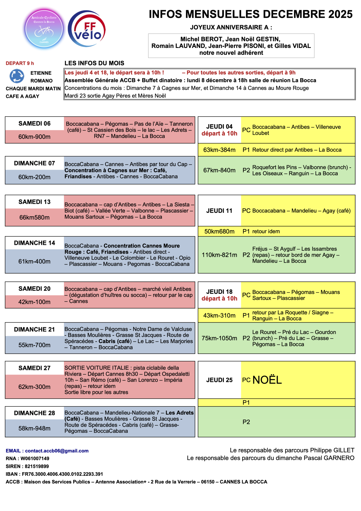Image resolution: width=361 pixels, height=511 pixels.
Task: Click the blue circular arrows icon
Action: click(17, 76)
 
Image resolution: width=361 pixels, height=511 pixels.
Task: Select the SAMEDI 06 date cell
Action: click(34, 123)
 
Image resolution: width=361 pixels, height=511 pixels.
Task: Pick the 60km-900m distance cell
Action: click(34, 137)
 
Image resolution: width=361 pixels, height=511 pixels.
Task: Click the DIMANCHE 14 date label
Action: click(34, 243)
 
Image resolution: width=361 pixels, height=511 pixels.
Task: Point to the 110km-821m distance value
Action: click(219, 255)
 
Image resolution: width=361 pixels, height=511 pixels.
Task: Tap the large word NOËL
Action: click(267, 380)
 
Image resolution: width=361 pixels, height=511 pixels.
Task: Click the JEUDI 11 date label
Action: click(219, 211)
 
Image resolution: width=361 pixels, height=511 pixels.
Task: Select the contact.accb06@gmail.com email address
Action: click(57, 451)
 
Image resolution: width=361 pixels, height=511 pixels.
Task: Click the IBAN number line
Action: click(54, 474)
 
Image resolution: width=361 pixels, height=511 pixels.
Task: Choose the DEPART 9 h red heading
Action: click(20, 63)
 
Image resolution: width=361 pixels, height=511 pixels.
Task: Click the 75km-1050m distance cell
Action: click(219, 338)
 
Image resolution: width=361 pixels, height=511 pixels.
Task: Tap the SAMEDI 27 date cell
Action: click(34, 368)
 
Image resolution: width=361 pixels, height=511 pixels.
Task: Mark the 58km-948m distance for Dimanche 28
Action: click(34, 428)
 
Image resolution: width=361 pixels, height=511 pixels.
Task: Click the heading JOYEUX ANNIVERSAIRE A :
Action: click(231, 27)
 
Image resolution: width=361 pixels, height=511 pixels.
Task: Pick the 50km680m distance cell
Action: click(219, 232)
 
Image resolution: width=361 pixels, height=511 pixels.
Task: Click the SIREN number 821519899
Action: click(37, 466)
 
